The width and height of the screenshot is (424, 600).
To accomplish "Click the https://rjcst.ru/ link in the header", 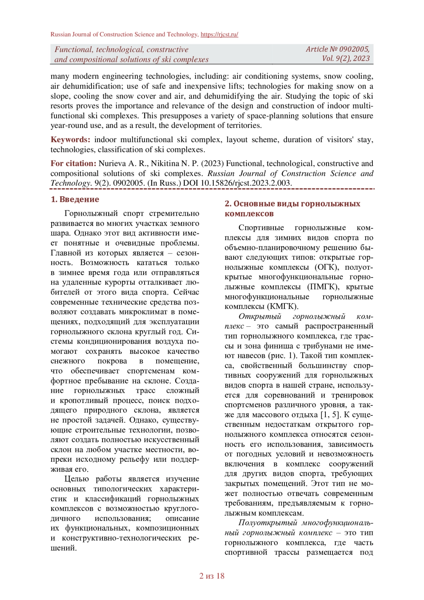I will point(219,35).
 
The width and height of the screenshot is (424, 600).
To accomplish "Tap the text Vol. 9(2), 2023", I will point(346,59).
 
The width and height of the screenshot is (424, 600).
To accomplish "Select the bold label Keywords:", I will point(70,140).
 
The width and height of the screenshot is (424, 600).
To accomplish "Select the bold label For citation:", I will point(73,164).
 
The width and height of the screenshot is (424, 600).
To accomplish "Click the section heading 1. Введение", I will point(75,199).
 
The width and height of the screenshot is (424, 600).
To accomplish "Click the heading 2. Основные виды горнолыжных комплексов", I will point(292,209).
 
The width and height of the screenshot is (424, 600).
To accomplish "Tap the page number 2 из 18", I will point(212,576).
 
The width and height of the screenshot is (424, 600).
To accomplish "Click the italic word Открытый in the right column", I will point(260,316).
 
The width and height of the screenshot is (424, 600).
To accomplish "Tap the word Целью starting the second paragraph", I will point(77,479).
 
